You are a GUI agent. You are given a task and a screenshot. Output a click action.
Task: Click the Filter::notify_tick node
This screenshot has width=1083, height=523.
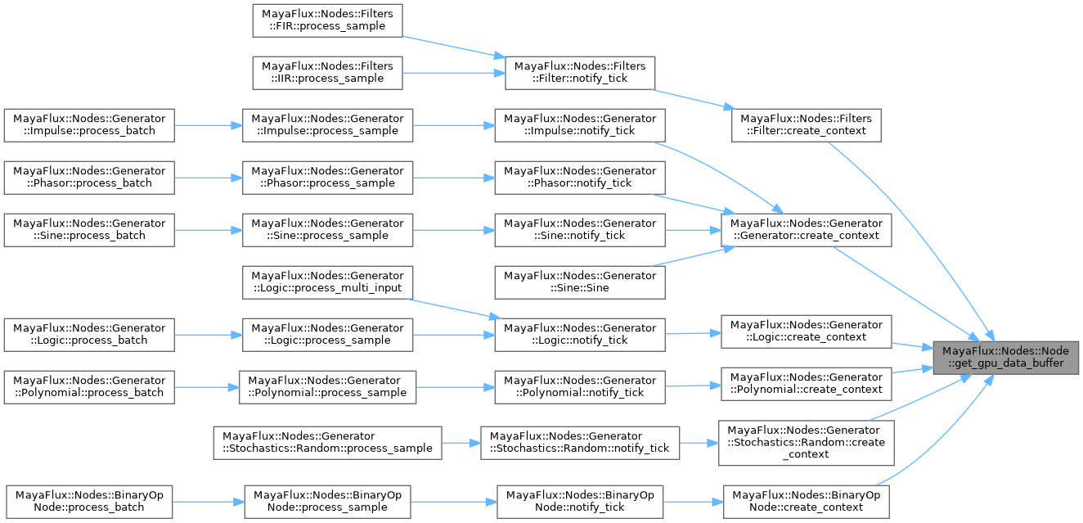[580, 72]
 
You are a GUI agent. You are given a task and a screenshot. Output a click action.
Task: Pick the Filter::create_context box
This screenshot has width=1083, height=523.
[807, 124]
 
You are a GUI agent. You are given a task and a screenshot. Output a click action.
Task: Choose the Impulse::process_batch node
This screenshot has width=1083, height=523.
[89, 124]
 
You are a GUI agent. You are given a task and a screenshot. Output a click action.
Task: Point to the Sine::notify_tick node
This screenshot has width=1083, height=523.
[580, 229]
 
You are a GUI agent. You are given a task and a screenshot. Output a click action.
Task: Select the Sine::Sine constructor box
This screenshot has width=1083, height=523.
[580, 282]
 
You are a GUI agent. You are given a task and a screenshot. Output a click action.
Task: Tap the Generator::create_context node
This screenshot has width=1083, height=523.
[807, 229]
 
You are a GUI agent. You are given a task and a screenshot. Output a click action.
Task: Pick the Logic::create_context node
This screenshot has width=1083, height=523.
[807, 331]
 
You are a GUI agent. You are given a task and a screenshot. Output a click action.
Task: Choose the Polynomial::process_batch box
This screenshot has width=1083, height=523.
[89, 386]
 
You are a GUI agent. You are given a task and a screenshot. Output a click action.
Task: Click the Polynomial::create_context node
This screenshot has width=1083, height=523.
[807, 383]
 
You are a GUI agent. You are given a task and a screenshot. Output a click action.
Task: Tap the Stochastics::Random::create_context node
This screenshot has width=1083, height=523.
[807, 442]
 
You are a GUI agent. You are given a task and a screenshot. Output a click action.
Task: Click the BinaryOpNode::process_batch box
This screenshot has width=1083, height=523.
[89, 501]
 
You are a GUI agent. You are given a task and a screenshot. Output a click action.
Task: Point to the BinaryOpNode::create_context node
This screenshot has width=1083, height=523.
[807, 501]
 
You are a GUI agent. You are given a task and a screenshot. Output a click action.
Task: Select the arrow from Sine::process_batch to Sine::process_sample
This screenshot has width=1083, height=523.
[209, 229]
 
